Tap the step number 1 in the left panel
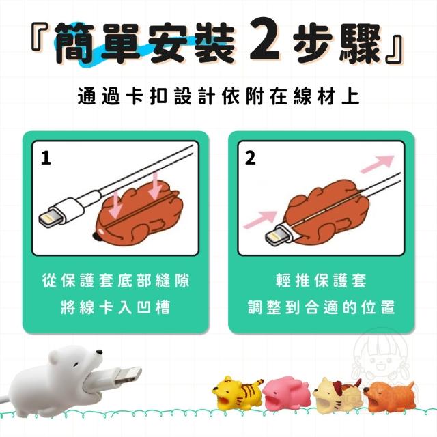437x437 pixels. (x=46, y=158)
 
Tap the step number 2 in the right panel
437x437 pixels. (x=250, y=158)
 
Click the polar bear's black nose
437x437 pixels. (x=99, y=352)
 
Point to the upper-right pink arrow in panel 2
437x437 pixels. (x=378, y=164)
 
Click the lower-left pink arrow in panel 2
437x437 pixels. (x=260, y=219)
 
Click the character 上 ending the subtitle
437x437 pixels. (x=350, y=96)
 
